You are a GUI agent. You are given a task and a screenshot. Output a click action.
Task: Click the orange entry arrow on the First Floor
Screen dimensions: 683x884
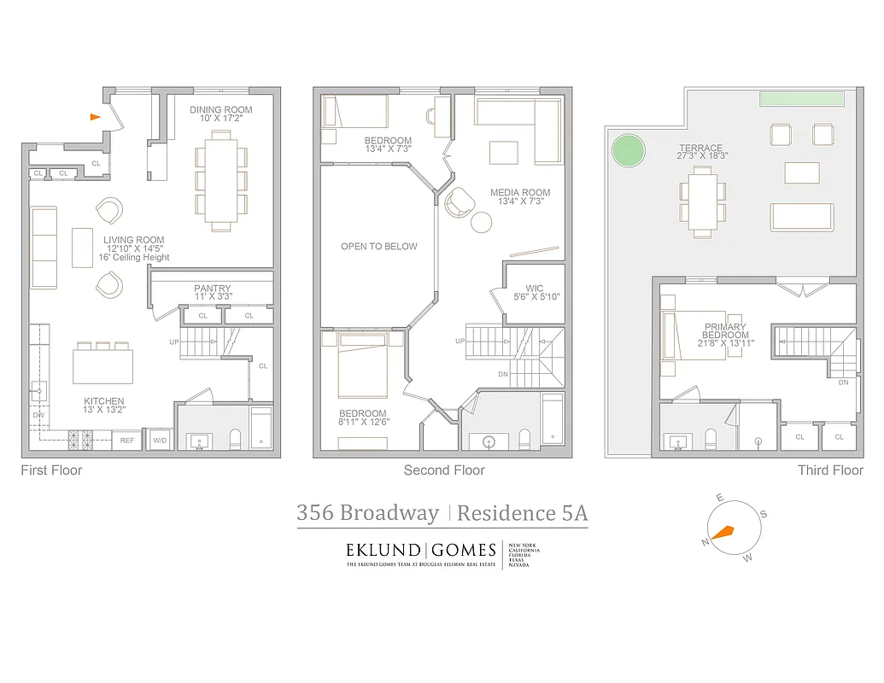(x=96, y=117)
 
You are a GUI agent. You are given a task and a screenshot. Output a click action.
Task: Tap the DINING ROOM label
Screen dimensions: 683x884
(x=221, y=109)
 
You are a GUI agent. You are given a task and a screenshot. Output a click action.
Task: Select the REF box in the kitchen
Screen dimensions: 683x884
(x=126, y=441)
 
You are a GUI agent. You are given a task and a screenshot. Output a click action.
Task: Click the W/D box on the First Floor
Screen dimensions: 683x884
(x=160, y=441)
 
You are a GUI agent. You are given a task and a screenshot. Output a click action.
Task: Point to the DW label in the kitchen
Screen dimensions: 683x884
(x=38, y=416)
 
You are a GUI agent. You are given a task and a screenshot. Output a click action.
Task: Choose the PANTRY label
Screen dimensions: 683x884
(x=212, y=289)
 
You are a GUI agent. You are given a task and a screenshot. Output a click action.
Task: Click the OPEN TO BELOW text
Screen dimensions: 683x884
(x=379, y=247)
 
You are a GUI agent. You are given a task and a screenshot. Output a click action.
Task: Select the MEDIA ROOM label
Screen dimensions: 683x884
(x=520, y=193)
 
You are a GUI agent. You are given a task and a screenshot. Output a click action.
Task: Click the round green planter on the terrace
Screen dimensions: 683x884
(x=628, y=152)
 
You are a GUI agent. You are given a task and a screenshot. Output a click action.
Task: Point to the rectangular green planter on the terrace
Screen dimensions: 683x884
(x=799, y=99)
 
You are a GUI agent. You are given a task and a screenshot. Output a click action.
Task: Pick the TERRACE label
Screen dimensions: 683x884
(x=701, y=148)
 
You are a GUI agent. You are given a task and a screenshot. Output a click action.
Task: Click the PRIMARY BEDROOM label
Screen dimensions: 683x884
(x=725, y=331)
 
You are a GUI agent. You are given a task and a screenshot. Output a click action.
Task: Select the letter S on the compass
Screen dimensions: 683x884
(x=763, y=514)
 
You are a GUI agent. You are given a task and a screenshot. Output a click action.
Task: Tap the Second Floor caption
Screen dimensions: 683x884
(x=444, y=470)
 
